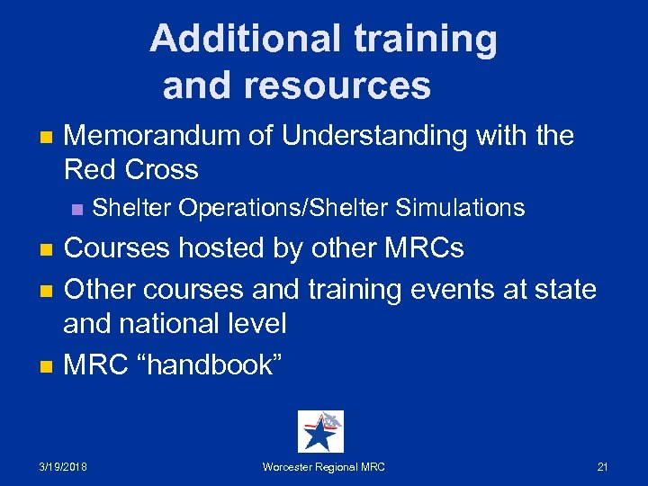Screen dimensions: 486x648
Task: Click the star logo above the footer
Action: (x=320, y=431)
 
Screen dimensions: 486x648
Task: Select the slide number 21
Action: (x=602, y=466)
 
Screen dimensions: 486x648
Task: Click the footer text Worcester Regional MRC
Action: (x=323, y=466)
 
